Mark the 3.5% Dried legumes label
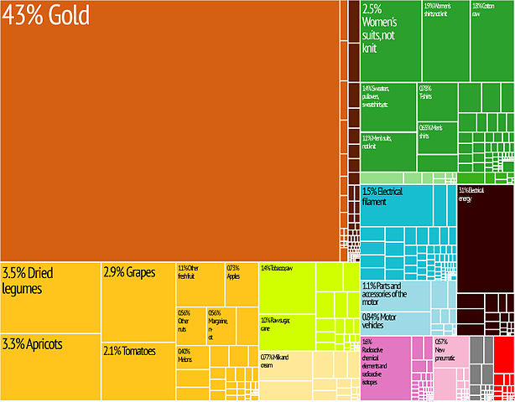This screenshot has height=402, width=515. (x=34, y=281)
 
